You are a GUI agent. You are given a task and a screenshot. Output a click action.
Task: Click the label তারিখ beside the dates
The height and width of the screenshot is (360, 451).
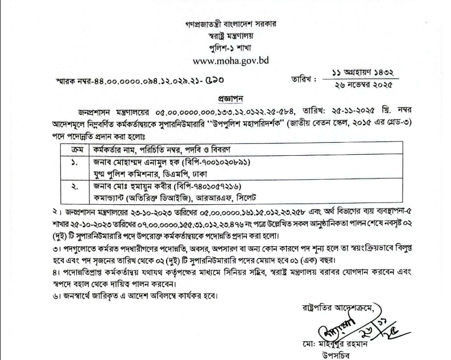302,79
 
